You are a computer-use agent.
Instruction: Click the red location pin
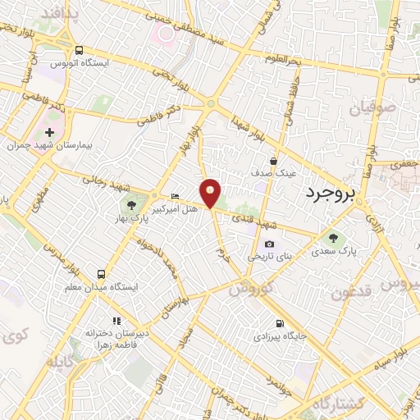click(212, 192)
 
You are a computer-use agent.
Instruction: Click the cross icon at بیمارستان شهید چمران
click(49, 132)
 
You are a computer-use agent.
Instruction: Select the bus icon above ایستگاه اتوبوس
click(79, 49)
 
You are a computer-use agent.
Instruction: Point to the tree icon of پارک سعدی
click(332, 238)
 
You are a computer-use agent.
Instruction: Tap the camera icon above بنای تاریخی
click(270, 244)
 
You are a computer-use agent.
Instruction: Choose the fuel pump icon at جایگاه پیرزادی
click(281, 323)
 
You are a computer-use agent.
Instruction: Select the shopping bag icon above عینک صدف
click(273, 161)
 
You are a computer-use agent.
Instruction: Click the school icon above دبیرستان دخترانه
click(116, 320)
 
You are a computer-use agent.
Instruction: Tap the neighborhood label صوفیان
click(373, 106)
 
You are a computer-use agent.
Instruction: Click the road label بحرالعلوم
click(282, 59)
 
